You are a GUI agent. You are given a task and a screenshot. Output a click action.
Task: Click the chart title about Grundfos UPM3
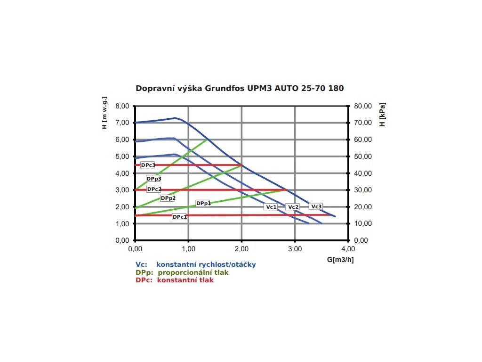(x=240, y=88)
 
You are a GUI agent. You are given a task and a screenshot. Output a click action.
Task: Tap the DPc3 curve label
(x=148, y=165)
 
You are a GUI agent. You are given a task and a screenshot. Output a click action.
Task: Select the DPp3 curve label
(x=153, y=179)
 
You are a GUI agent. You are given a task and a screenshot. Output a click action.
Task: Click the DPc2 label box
(x=154, y=189)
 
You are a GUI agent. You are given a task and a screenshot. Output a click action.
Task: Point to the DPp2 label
(x=168, y=198)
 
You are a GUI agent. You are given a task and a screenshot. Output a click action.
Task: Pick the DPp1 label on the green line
(x=203, y=203)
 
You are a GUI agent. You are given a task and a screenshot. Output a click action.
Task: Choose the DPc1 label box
(x=179, y=217)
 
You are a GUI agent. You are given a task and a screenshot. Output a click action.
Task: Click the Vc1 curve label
(x=271, y=207)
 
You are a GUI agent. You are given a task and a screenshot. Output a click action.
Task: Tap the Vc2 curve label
(x=293, y=207)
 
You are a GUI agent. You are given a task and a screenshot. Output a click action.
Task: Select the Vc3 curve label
(x=316, y=206)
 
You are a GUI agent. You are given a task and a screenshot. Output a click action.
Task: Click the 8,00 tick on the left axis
(x=122, y=106)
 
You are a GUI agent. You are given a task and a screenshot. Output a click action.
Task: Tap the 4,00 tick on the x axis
(x=348, y=248)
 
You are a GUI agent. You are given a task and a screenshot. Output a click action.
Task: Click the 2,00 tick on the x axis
(x=241, y=248)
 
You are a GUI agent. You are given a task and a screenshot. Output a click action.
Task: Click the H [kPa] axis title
(x=383, y=114)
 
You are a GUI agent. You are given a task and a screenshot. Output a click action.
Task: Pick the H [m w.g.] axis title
(x=105, y=113)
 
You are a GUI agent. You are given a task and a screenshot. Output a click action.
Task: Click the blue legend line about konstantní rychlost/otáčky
(x=196, y=264)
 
